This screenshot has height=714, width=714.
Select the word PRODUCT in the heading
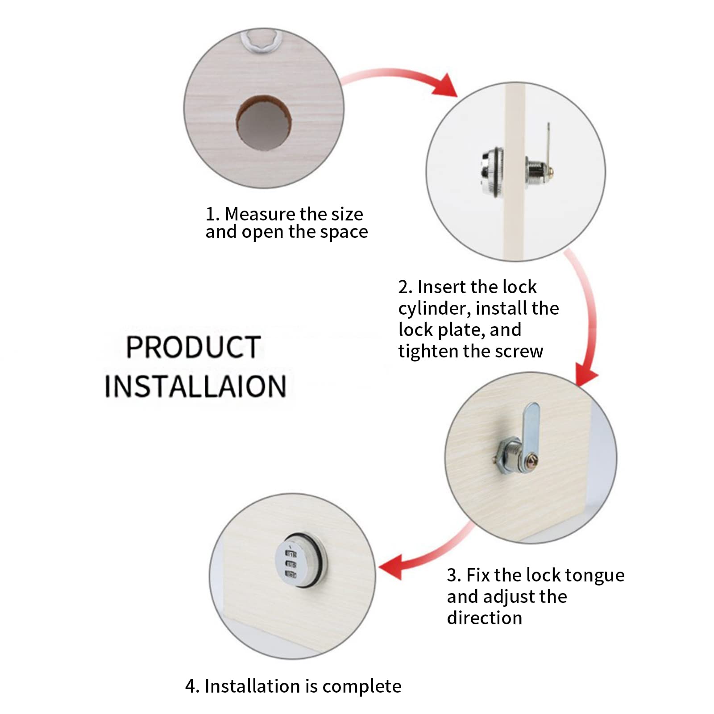(193, 347)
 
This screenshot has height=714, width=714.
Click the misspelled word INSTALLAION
(195, 386)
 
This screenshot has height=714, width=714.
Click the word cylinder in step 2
(434, 309)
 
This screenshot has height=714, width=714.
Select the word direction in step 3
(485, 618)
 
